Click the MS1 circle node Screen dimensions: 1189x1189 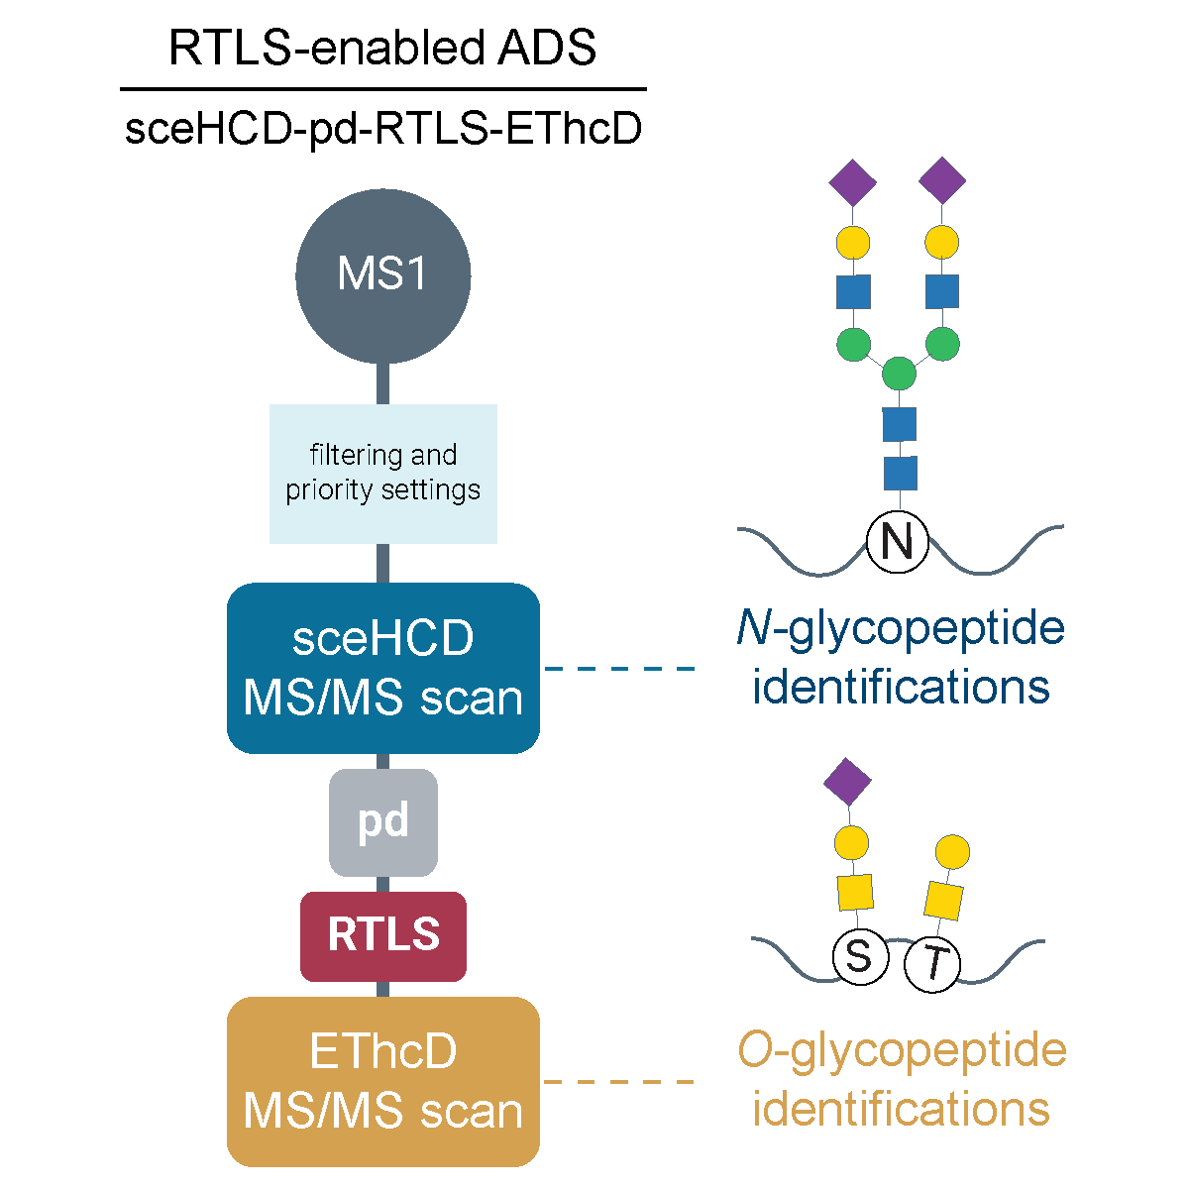[382, 275]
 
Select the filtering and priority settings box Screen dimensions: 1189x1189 [382, 473]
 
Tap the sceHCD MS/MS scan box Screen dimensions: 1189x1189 [382, 668]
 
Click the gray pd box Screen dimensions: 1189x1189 [382, 821]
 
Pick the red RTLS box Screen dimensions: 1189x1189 [382, 935]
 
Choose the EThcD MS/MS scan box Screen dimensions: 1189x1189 [382, 1081]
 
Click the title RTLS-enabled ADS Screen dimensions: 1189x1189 [382, 48]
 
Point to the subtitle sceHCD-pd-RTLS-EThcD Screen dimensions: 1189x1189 [382, 129]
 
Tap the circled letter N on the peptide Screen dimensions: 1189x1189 [898, 542]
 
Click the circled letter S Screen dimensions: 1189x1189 [859, 957]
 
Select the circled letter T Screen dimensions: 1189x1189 [933, 963]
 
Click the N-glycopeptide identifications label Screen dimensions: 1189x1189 [900, 656]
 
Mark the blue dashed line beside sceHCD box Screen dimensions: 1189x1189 [619, 668]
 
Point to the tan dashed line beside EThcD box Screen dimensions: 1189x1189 [619, 1081]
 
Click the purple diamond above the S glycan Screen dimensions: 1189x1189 [848, 782]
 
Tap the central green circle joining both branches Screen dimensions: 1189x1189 [899, 375]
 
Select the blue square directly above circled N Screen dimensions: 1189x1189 [900, 473]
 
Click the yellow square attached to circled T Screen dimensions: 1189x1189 [943, 900]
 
